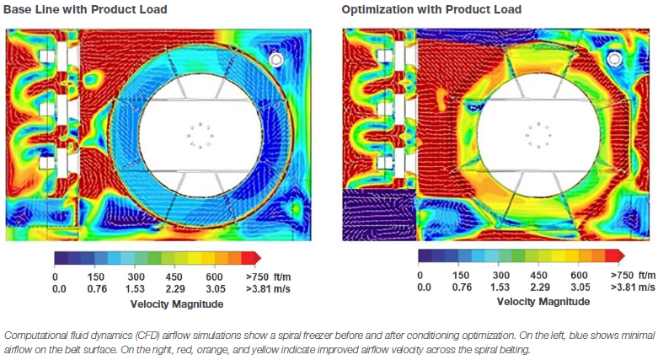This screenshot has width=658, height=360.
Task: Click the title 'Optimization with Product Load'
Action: pos(431,9)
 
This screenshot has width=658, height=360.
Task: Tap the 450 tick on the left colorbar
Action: pos(174,276)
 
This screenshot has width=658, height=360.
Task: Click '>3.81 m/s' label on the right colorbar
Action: pos(632,287)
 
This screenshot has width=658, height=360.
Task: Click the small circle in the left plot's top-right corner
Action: pos(276,59)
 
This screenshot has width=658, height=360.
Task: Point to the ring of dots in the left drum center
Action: pos(201,137)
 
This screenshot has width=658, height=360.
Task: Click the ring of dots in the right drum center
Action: pos(537,136)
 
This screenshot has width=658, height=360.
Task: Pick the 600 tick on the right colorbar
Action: pos(579,275)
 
